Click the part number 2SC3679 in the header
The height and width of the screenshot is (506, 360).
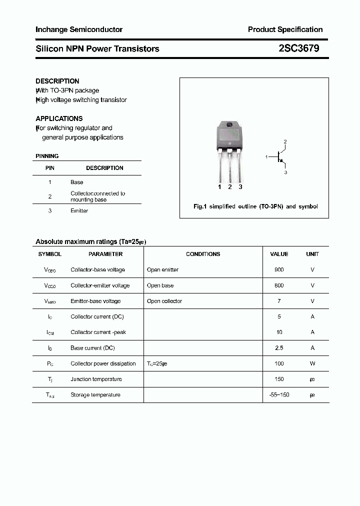pyautogui.click(x=298, y=48)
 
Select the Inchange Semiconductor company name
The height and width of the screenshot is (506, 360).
pyautogui.click(x=79, y=29)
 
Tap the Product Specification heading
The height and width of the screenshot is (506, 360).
pyautogui.click(x=285, y=29)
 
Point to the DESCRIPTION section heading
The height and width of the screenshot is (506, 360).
pyautogui.click(x=57, y=81)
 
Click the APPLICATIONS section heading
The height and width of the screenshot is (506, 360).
pyautogui.click(x=59, y=118)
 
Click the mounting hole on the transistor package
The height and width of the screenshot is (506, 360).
pyautogui.click(x=229, y=125)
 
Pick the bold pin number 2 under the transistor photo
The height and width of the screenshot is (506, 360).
pyautogui.click(x=230, y=187)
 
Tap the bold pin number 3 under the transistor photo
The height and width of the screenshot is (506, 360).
pyautogui.click(x=240, y=187)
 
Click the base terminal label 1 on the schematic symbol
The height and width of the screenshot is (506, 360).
pyautogui.click(x=267, y=157)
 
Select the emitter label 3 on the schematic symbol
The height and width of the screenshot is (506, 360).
pyautogui.click(x=285, y=172)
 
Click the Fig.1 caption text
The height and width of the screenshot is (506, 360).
pyautogui.click(x=255, y=206)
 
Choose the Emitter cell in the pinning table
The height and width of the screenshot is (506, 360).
pyautogui.click(x=79, y=211)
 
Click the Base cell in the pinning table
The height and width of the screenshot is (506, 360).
pyautogui.click(x=77, y=182)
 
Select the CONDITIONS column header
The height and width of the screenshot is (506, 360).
pyautogui.click(x=203, y=254)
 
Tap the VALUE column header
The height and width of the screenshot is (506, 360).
pyautogui.click(x=279, y=254)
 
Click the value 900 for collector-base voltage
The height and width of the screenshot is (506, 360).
pyautogui.click(x=279, y=270)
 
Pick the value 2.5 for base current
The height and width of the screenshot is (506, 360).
pyautogui.click(x=279, y=348)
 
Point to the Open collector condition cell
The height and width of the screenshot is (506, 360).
pyautogui.click(x=164, y=301)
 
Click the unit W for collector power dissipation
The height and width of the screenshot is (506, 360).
pyautogui.click(x=312, y=364)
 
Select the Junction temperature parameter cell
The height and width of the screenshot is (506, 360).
pyautogui.click(x=96, y=379)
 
